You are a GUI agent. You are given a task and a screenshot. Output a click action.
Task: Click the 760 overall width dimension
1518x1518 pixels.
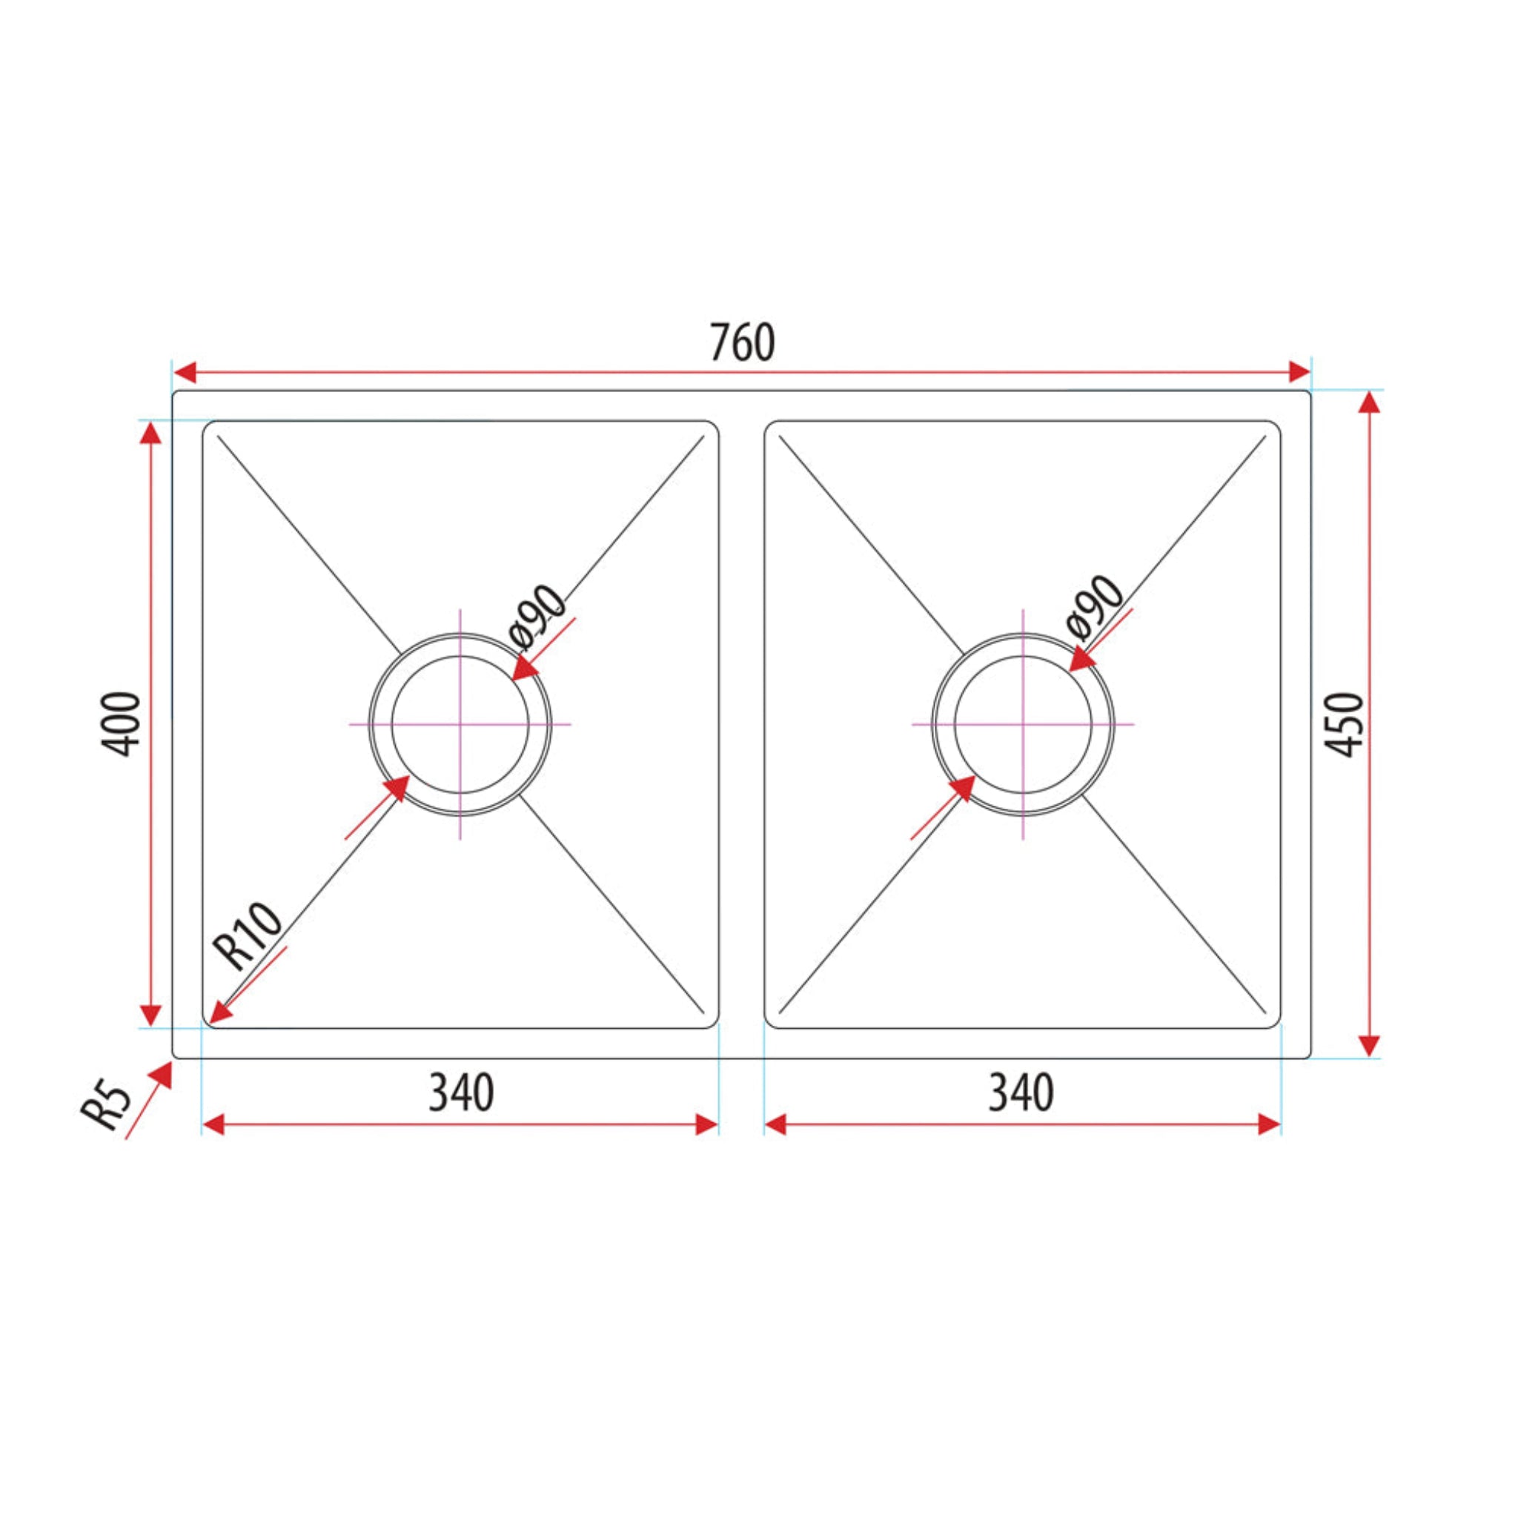[x=742, y=343]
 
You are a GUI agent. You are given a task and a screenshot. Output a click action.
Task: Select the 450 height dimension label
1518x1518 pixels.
[x=1346, y=724]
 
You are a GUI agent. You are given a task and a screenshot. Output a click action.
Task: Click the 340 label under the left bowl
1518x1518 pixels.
[x=461, y=1093]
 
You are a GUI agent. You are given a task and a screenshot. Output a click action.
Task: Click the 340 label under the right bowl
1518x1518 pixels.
[x=1021, y=1093]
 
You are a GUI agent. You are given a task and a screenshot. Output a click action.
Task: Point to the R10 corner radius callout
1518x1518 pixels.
[x=250, y=937]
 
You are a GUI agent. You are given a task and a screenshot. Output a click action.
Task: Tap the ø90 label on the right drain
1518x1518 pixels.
[x=1096, y=606]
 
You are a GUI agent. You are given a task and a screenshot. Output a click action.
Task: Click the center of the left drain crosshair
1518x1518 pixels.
[x=460, y=723]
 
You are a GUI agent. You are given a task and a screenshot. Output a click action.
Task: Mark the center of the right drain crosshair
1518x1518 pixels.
[x=1022, y=723]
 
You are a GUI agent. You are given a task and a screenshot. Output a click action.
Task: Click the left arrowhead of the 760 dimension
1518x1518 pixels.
[x=185, y=372]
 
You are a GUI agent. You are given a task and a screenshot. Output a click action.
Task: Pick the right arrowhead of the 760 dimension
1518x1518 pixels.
[x=1299, y=372]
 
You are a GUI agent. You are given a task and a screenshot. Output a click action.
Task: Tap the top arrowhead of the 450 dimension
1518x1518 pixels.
[x=1370, y=402]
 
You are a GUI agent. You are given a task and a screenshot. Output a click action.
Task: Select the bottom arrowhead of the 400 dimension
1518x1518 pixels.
[x=150, y=1015]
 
